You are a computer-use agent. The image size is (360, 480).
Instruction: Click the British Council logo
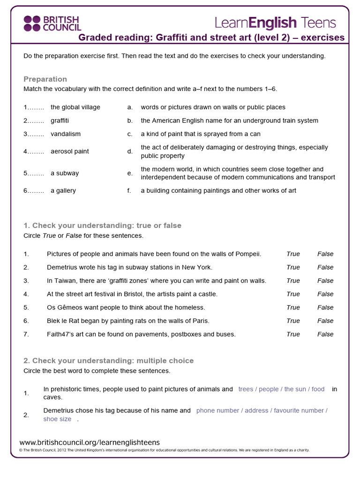click(52, 23)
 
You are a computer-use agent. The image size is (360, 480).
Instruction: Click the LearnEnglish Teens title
click(275, 22)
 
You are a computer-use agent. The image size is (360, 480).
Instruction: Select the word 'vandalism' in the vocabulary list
click(66, 134)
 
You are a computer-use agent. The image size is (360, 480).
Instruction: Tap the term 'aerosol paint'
click(70, 151)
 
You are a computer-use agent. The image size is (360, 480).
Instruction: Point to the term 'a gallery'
click(63, 191)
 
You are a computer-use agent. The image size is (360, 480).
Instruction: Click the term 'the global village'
click(75, 107)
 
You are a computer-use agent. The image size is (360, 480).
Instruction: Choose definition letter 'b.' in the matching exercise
click(130, 121)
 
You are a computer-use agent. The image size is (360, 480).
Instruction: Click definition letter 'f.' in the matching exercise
click(129, 191)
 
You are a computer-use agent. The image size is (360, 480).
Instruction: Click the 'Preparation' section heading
click(45, 79)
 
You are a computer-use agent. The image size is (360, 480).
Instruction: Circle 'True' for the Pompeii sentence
click(293, 254)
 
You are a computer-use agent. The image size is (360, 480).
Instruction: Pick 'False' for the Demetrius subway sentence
click(325, 268)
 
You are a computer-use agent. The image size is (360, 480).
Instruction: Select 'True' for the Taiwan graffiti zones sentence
click(293, 281)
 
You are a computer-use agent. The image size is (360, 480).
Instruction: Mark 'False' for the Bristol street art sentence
click(325, 294)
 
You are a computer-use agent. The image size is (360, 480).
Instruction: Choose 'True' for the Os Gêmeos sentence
click(293, 307)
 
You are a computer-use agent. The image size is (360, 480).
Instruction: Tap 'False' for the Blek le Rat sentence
click(325, 321)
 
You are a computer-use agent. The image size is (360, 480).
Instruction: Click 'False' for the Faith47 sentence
click(325, 334)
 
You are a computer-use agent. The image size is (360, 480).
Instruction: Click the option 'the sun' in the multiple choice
click(295, 389)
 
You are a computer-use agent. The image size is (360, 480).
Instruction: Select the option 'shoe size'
click(57, 419)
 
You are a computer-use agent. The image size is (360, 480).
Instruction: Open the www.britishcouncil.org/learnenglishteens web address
click(90, 442)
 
